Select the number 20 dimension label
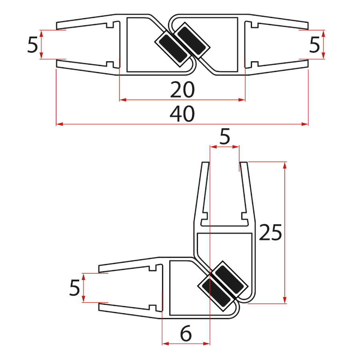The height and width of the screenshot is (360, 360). [182, 90]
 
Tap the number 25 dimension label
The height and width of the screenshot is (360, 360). [270, 233]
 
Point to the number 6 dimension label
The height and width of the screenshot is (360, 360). [186, 334]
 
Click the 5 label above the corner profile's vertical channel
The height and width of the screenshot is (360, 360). [225, 138]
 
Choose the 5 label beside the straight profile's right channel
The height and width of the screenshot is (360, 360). [315, 45]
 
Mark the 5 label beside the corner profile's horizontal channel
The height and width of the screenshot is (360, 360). [75, 288]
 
